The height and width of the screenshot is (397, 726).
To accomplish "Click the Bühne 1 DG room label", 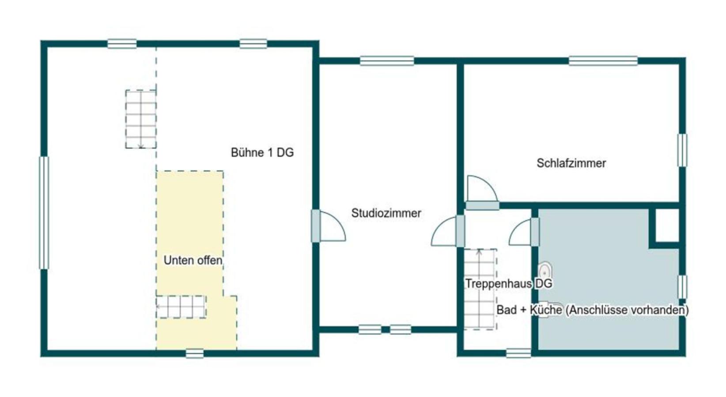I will (x=262, y=153).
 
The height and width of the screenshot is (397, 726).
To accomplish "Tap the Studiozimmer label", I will (x=386, y=213).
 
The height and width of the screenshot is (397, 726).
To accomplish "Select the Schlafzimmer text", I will (x=571, y=163).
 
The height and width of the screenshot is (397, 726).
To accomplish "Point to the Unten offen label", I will (x=193, y=260).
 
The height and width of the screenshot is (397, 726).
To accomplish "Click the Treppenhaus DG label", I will (x=508, y=283).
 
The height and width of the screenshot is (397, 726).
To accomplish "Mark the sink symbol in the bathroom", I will (x=545, y=270).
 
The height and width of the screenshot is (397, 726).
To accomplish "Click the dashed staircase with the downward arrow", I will (x=141, y=119).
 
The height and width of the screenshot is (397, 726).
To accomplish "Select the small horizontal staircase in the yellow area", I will (x=181, y=307).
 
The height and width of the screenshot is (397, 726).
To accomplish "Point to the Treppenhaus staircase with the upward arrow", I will (x=480, y=289).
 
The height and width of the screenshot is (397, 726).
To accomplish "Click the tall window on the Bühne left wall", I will (x=44, y=213).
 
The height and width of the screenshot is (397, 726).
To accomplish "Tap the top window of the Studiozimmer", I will (x=387, y=61).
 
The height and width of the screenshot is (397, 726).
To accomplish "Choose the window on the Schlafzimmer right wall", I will (x=682, y=150).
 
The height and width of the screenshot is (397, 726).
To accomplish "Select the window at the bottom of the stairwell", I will (x=518, y=353).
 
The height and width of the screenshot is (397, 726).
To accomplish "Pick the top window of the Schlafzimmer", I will (x=603, y=61).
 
